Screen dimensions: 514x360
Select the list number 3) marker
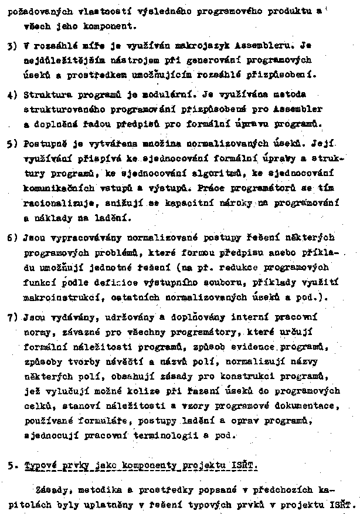(12, 45)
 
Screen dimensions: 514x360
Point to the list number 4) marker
(12, 94)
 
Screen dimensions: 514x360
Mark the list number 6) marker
(12, 239)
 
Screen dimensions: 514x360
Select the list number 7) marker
(12, 317)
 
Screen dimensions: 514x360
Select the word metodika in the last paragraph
(100, 489)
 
